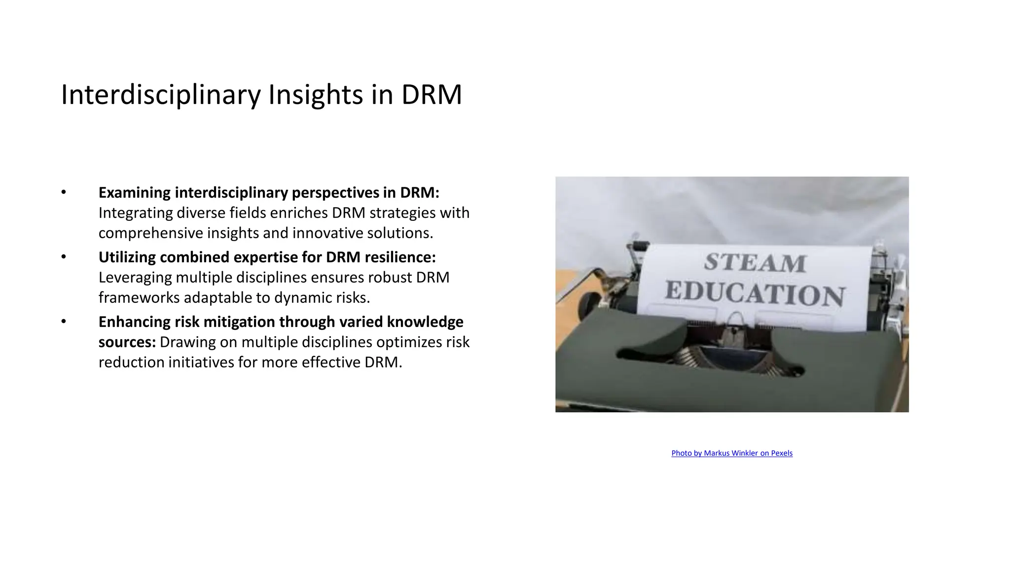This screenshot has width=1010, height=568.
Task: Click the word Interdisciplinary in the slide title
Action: [x=161, y=95]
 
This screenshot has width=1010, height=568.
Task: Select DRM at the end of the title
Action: [x=432, y=95]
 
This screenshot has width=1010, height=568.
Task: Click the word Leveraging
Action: [x=135, y=278]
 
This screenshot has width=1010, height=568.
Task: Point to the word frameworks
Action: [x=139, y=298]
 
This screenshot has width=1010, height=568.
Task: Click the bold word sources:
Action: [x=127, y=342]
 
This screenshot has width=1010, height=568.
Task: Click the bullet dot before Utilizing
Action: [x=64, y=257]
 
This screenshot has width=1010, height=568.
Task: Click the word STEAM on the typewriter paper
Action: [x=755, y=263]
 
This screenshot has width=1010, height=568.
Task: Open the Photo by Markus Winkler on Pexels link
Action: [x=732, y=453]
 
